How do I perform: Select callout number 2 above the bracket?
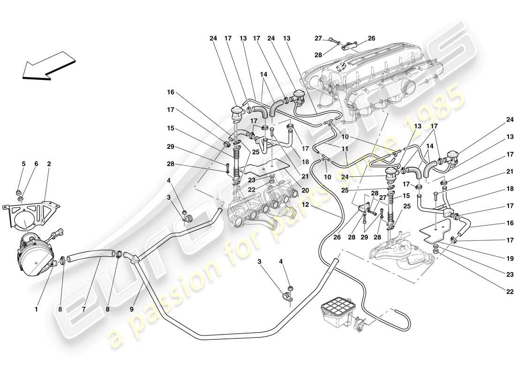(49, 164)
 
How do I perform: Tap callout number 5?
(23, 164)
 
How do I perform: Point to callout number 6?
(36, 164)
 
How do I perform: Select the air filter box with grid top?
(337, 312)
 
